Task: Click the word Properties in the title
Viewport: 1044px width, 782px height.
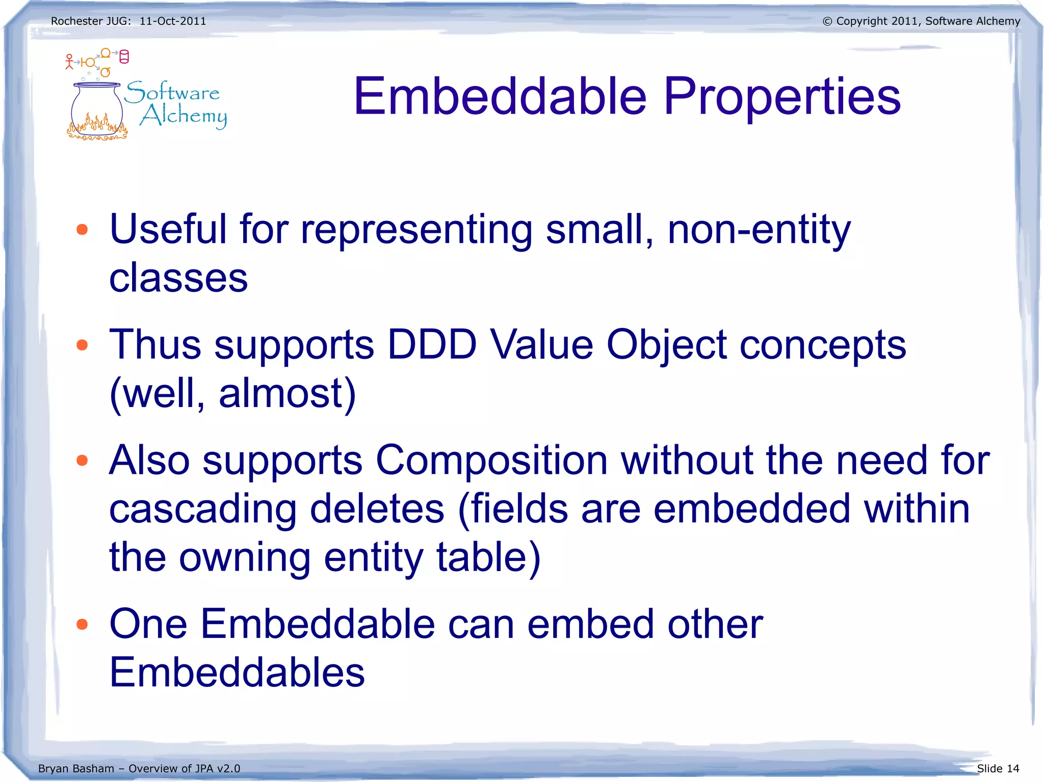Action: [782, 97]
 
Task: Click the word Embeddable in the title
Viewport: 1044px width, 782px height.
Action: [500, 97]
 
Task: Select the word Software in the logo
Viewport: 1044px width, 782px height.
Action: [172, 92]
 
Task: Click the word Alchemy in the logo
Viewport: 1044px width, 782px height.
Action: [184, 116]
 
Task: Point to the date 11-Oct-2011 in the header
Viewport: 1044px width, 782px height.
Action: [173, 21]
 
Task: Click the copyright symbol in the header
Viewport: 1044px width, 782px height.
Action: [827, 21]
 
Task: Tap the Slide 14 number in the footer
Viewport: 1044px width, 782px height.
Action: [998, 768]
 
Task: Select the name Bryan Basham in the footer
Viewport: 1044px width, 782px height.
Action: [76, 768]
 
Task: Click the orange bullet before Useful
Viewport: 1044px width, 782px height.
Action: [82, 230]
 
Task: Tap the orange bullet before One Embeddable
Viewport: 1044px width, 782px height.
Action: [82, 625]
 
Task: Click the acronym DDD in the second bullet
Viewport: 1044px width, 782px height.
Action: [431, 345]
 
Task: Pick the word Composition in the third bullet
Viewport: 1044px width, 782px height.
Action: [491, 460]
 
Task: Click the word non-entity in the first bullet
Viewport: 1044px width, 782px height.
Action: [759, 230]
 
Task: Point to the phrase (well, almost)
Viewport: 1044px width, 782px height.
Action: [232, 393]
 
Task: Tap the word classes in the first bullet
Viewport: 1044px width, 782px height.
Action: [178, 278]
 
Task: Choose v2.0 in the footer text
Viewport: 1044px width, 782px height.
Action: [228, 768]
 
